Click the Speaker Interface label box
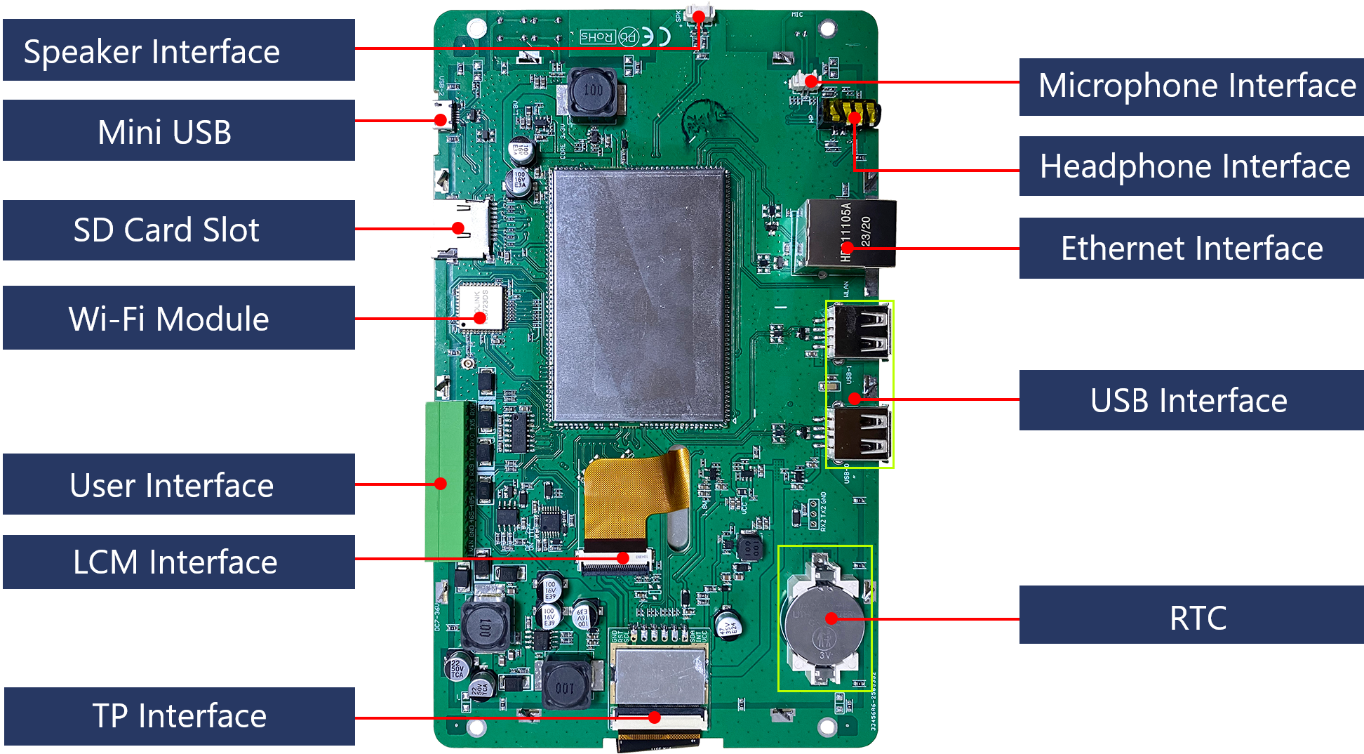(x=178, y=51)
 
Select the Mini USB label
(x=178, y=131)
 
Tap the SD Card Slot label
(x=178, y=230)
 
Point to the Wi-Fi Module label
(x=178, y=318)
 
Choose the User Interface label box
(x=178, y=484)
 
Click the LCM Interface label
(x=178, y=562)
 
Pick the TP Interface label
(x=178, y=716)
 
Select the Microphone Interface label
(x=1191, y=86)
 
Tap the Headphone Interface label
(x=1191, y=166)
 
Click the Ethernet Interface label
(x=1191, y=248)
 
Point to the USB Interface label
(x=1191, y=400)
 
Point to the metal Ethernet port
(x=849, y=234)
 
